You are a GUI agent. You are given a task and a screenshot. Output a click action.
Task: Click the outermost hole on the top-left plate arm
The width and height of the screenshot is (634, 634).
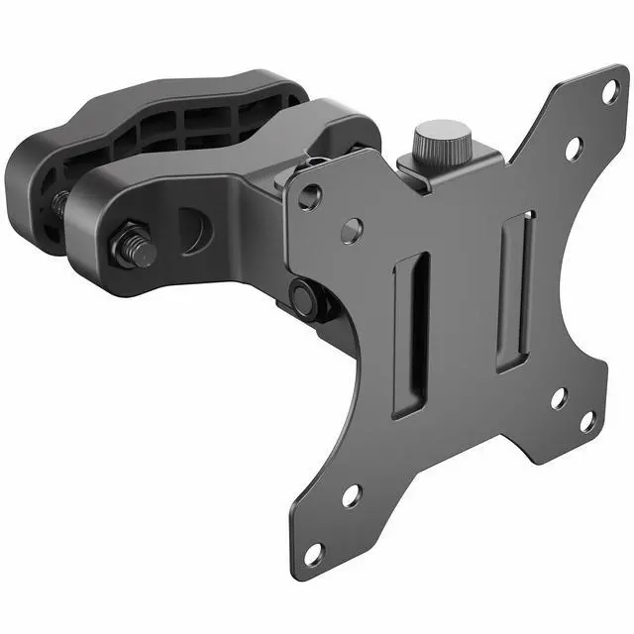click(x=310, y=198)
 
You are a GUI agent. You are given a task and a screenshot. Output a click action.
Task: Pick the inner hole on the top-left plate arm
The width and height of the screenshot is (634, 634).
click(x=352, y=232)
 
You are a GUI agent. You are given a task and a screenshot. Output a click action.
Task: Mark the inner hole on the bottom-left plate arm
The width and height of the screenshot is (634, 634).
click(x=352, y=494)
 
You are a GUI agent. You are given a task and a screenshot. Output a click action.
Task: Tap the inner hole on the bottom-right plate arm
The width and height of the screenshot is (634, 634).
click(x=558, y=399)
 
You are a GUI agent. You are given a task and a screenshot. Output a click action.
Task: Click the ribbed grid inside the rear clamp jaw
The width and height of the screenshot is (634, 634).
click(x=199, y=125)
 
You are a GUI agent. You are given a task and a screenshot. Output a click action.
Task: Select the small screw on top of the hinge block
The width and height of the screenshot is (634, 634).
click(x=316, y=162)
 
